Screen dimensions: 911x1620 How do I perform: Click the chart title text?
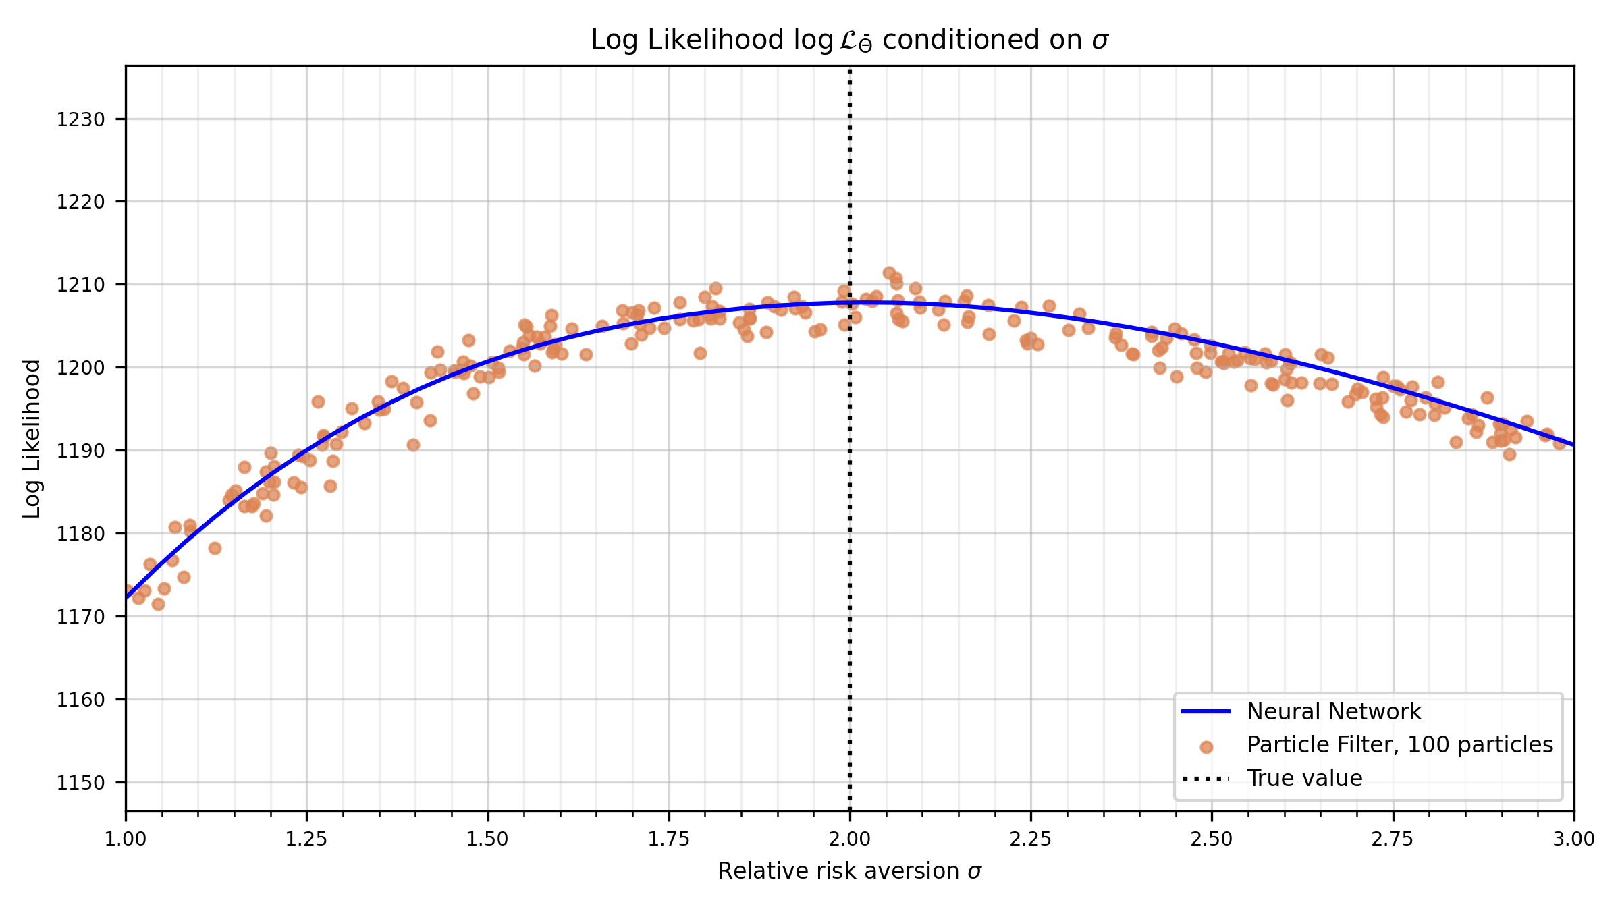point(850,40)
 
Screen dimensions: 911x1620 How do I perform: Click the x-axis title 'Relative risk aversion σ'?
point(850,871)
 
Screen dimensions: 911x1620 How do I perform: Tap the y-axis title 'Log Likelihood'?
point(32,439)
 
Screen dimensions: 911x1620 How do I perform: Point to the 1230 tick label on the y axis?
point(80,119)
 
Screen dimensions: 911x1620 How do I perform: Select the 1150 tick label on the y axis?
point(80,783)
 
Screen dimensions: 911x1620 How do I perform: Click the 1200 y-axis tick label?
point(80,368)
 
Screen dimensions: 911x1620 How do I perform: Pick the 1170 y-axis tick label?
point(80,617)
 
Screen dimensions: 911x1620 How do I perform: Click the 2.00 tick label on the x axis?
point(850,839)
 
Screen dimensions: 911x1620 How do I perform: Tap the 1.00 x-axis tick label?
point(126,839)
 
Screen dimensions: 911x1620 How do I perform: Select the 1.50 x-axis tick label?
point(487,839)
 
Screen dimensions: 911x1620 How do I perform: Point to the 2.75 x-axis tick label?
point(1393,839)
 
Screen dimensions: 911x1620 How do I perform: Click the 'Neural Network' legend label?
point(1334,712)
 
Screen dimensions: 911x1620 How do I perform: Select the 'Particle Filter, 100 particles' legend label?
point(1400,745)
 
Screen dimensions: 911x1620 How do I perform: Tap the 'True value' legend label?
point(1304,779)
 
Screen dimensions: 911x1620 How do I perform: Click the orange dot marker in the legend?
point(1206,747)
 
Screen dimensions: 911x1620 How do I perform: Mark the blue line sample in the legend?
point(1206,712)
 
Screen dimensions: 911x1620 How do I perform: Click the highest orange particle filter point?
point(889,273)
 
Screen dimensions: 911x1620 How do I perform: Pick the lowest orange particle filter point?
point(158,604)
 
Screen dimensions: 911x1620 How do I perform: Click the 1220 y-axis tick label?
point(80,202)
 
